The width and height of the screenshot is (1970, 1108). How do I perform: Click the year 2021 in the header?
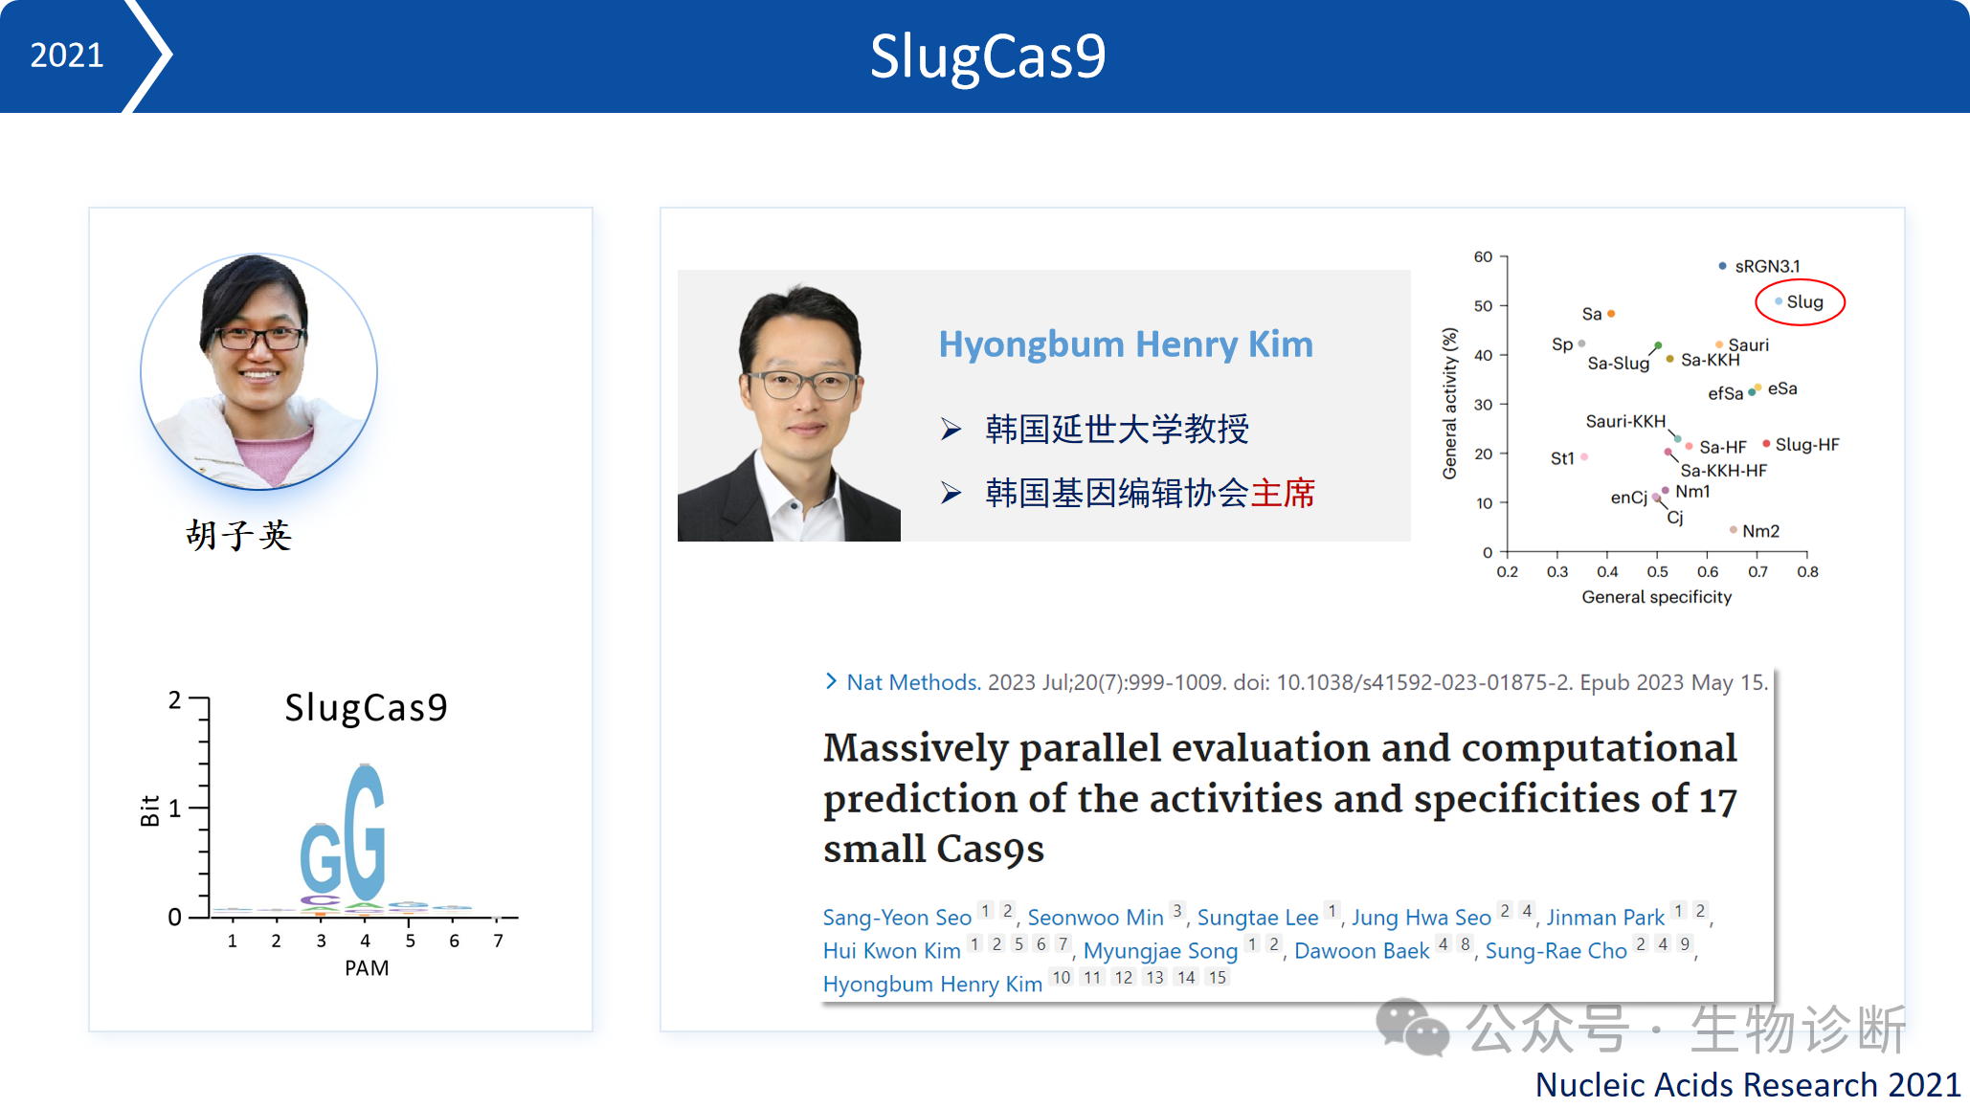[x=67, y=55]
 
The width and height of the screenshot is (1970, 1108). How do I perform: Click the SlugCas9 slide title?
[x=988, y=55]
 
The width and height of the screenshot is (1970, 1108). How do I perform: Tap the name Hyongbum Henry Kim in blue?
[x=1126, y=343]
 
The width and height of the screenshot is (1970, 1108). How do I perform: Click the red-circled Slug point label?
[x=1804, y=301]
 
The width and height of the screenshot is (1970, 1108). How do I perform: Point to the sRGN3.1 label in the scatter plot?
[x=1767, y=266]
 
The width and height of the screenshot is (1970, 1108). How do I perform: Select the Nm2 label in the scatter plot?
[x=1760, y=531]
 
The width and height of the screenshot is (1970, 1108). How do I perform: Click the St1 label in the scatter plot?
[x=1562, y=458]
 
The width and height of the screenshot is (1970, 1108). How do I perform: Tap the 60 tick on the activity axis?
[x=1483, y=256]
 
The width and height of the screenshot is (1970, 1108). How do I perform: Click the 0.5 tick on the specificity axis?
[x=1657, y=572]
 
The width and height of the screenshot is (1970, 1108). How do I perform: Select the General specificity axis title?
[x=1657, y=597]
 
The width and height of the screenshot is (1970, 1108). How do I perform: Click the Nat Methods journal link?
[x=913, y=682]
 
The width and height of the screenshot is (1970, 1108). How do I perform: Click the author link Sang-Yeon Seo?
[x=897, y=918]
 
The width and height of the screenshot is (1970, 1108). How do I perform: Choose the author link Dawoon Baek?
[x=1361, y=951]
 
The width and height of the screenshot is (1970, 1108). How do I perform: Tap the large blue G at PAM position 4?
[x=365, y=831]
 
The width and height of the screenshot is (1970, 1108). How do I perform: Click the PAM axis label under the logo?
[x=367, y=968]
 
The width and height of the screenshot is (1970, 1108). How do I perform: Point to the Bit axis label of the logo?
[x=150, y=810]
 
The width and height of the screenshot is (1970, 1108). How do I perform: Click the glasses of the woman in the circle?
[x=258, y=338]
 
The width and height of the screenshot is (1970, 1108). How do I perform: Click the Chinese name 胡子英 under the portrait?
[x=238, y=535]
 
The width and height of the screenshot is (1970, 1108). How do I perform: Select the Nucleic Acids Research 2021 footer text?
[x=1748, y=1085]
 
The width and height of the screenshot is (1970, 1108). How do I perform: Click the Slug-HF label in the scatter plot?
[x=1807, y=445]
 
